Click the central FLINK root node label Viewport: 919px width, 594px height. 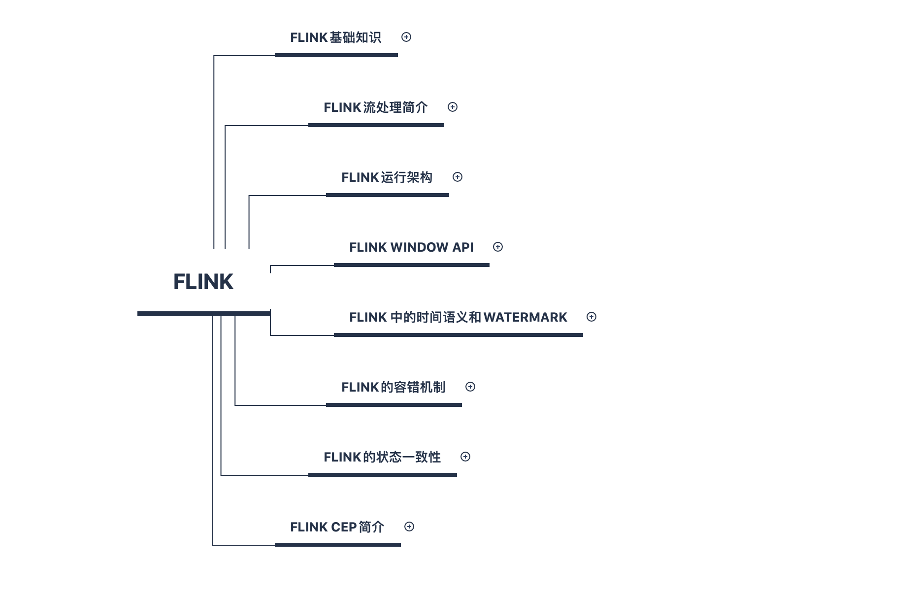[203, 282]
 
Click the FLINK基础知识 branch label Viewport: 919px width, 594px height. [335, 37]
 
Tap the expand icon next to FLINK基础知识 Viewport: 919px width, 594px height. [406, 37]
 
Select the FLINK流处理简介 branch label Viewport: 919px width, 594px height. [375, 107]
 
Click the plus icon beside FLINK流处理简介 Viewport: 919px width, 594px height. [453, 107]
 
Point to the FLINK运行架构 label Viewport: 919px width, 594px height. [387, 177]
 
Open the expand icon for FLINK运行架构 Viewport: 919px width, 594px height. [458, 177]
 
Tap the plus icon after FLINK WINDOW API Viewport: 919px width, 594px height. [498, 247]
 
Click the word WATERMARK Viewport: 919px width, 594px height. [525, 317]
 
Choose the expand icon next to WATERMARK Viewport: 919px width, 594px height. [591, 317]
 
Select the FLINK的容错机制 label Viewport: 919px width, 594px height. [393, 387]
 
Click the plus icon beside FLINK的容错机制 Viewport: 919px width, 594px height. [470, 387]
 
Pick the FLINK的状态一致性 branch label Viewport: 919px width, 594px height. [382, 457]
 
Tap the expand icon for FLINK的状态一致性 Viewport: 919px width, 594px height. [465, 457]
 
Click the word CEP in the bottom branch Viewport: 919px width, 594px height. [344, 527]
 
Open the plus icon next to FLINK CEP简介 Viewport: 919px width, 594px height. [409, 527]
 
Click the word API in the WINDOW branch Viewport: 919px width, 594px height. [463, 247]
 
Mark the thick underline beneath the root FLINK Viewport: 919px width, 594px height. [203, 314]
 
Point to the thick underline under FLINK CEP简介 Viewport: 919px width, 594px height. [337, 545]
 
